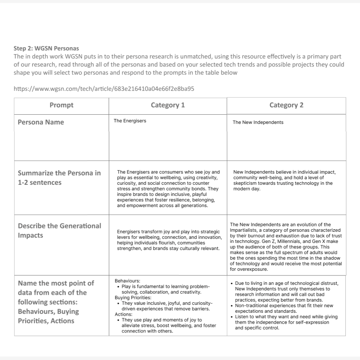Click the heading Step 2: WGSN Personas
pos(46,48)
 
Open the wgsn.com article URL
pos(104,89)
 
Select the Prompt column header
pos(61,105)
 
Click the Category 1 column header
pos(168,105)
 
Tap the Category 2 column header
pos(286,105)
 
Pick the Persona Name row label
pos(41,122)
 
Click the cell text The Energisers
pos(130,121)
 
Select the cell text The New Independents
pos(258,122)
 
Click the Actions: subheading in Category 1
pos(123,314)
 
